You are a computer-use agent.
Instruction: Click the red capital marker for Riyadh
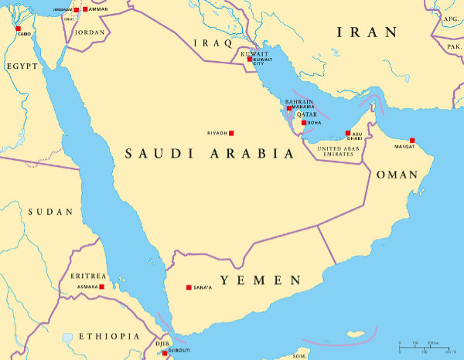point(230,133)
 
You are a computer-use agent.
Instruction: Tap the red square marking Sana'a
point(189,288)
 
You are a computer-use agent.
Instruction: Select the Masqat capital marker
point(412,141)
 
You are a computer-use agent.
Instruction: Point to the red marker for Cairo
point(19,29)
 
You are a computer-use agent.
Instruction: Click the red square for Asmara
point(101,287)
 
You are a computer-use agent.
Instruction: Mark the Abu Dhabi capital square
point(348,132)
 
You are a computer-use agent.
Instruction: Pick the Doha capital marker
point(304,122)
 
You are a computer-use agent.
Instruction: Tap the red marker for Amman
point(85,9)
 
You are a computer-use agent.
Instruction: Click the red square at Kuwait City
point(250,59)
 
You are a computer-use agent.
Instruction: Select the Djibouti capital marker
point(164,353)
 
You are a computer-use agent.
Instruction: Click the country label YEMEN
point(260,280)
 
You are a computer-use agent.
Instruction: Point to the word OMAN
point(397,175)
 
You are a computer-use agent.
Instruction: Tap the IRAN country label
point(367,32)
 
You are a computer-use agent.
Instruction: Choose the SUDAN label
point(50,212)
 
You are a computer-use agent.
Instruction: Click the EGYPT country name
point(22,66)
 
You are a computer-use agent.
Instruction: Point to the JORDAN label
point(90,32)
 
